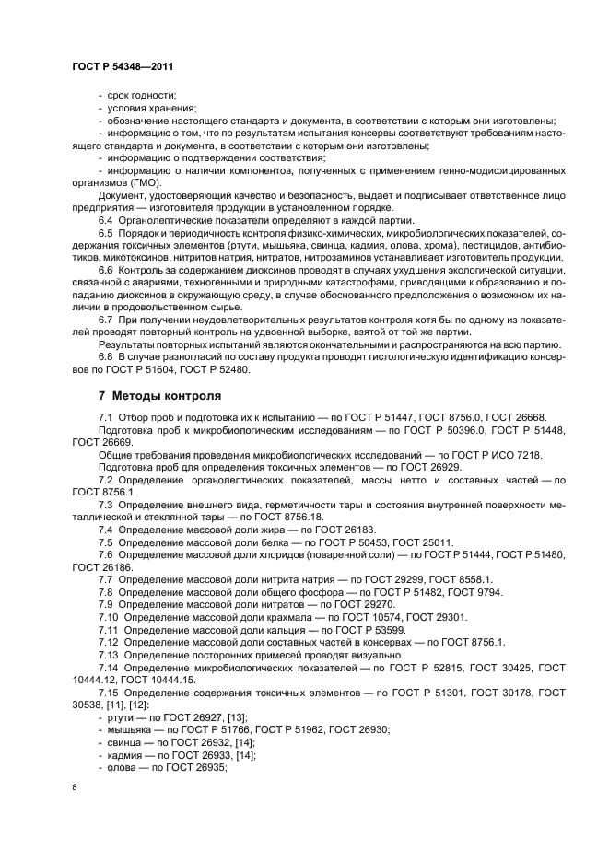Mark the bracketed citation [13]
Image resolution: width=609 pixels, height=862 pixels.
(233, 718)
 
